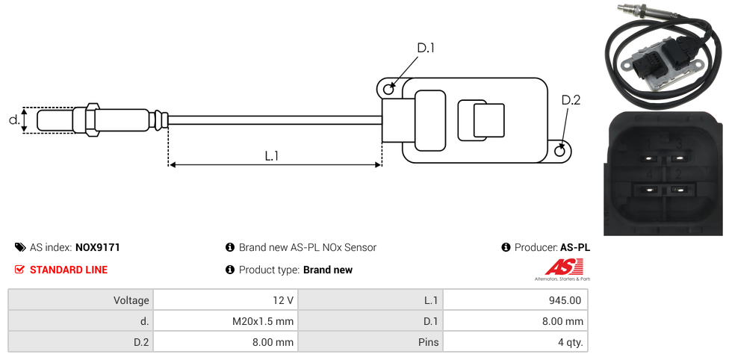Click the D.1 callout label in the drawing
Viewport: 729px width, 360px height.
pyautogui.click(x=425, y=49)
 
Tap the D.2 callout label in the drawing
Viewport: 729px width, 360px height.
pyautogui.click(x=571, y=101)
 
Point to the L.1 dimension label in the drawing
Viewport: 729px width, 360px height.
pyautogui.click(x=272, y=156)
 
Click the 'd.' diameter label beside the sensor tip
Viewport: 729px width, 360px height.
pyautogui.click(x=13, y=120)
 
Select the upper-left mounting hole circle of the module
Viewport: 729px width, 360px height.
pyautogui.click(x=388, y=90)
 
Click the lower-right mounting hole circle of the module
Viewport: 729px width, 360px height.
pyautogui.click(x=561, y=152)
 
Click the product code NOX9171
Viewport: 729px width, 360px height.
pyautogui.click(x=97, y=247)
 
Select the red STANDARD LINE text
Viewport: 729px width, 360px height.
pyautogui.click(x=69, y=270)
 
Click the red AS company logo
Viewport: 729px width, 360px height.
pyautogui.click(x=558, y=267)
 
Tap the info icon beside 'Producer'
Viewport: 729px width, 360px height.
pyautogui.click(x=506, y=247)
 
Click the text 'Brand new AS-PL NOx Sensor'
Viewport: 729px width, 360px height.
pyautogui.click(x=308, y=247)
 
